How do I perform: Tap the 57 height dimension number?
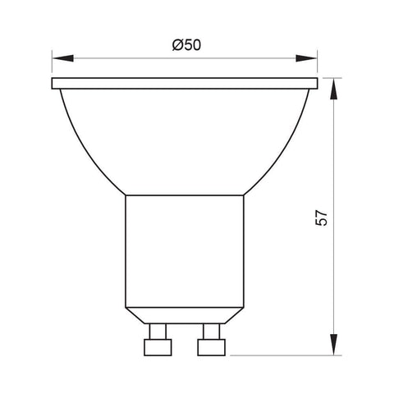coord(323,217)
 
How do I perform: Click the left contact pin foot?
coord(157,347)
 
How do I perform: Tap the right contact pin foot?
coord(211,347)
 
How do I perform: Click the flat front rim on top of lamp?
coord(184,84)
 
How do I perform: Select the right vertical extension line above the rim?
coord(317,66)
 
